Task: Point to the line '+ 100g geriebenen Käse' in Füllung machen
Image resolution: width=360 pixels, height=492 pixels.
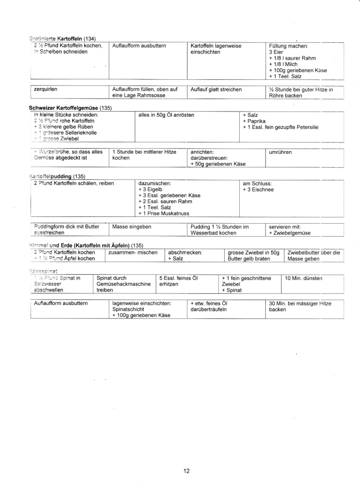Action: [x=297, y=70]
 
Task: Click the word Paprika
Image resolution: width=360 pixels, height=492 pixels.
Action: [x=257, y=121]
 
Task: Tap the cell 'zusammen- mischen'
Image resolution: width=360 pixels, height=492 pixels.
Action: [x=130, y=252]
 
